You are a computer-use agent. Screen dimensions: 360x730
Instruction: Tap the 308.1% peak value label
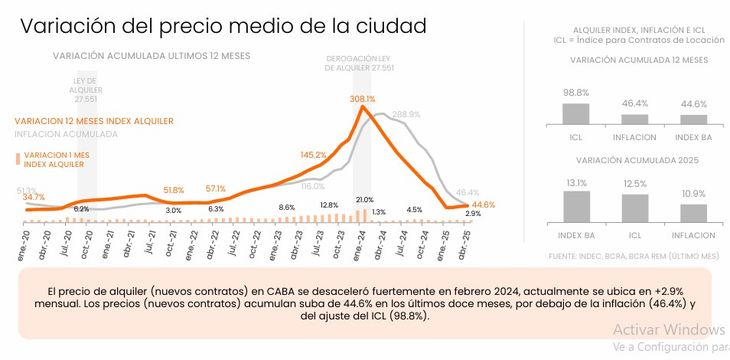tap(362, 99)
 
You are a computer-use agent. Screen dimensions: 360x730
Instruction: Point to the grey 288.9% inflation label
tap(405, 114)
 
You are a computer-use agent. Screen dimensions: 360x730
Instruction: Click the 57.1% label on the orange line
tap(216, 188)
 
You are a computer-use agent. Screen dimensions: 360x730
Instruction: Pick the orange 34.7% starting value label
tap(33, 197)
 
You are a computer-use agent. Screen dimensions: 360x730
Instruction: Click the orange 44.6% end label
tap(483, 204)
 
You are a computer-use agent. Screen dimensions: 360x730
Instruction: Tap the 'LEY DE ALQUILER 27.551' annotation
tap(85, 89)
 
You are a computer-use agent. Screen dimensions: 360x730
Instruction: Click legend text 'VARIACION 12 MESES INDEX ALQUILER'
tap(94, 121)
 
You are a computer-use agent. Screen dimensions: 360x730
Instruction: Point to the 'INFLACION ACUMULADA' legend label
tap(66, 133)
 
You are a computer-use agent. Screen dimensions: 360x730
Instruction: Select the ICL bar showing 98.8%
tap(575, 113)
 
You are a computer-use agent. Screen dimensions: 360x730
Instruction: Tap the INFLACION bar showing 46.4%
tap(634, 118)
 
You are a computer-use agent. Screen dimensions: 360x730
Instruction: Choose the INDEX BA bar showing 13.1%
tap(575, 206)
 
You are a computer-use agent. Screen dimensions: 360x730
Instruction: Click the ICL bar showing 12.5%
tap(634, 207)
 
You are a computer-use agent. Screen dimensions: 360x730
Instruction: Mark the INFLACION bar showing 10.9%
tap(693, 211)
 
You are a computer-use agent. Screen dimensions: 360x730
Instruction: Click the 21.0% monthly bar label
tap(364, 200)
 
